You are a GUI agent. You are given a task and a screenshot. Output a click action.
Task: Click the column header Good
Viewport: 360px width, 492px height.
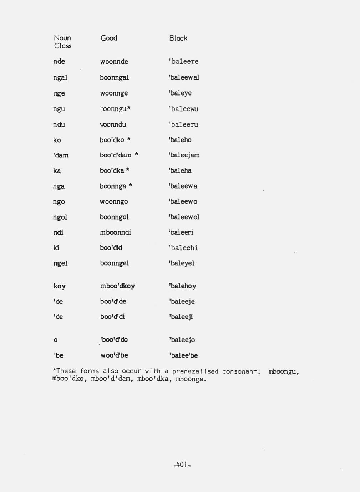[x=109, y=38]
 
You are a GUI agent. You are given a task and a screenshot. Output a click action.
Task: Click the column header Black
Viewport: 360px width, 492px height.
[x=178, y=38]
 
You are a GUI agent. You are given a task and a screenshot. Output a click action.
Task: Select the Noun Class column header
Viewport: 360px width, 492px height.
[x=62, y=42]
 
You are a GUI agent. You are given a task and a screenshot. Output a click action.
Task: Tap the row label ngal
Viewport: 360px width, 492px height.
[x=60, y=78]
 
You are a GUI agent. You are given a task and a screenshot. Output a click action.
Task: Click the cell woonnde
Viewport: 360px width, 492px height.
[x=114, y=62]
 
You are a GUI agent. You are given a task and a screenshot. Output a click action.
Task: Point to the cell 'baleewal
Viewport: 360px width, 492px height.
[x=184, y=77]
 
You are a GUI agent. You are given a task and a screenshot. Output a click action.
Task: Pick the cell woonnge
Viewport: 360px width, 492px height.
[x=113, y=93]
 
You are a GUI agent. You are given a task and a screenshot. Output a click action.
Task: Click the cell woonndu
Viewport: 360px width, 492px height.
[x=113, y=124]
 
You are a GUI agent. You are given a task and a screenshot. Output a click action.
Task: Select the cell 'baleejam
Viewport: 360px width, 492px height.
[x=184, y=155]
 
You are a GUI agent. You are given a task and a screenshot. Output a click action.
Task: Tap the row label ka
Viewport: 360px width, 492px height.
[x=57, y=171]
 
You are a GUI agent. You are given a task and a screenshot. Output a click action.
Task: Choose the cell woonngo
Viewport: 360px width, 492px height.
[x=113, y=202]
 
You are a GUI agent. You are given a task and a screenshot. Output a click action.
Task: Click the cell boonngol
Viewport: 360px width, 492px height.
[x=114, y=217]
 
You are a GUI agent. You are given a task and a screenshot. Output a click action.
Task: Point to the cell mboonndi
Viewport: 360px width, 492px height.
[x=115, y=232]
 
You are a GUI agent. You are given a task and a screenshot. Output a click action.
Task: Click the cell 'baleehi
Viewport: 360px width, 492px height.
[x=183, y=248]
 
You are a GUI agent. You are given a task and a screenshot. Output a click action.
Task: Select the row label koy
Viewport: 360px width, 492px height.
[x=60, y=286]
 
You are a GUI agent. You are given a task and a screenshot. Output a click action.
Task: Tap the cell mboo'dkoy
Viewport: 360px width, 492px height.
[x=117, y=286]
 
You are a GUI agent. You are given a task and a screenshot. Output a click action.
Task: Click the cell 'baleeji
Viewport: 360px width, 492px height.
[x=181, y=317]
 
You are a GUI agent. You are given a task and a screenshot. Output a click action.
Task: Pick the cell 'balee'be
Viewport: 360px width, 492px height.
[x=183, y=355]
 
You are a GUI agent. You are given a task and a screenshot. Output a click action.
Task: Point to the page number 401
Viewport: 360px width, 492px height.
[x=182, y=465]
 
